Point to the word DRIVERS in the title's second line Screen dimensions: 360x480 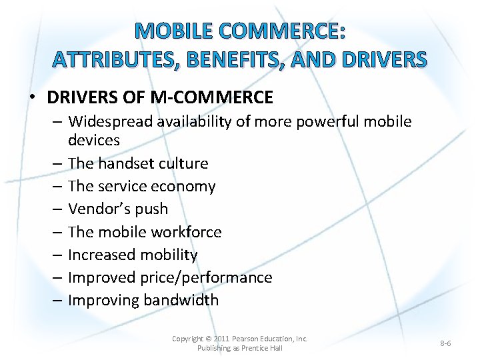coord(382,60)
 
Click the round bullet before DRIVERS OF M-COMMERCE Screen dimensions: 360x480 coord(32,98)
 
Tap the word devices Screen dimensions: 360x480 coord(94,140)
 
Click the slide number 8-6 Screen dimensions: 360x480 coord(445,343)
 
